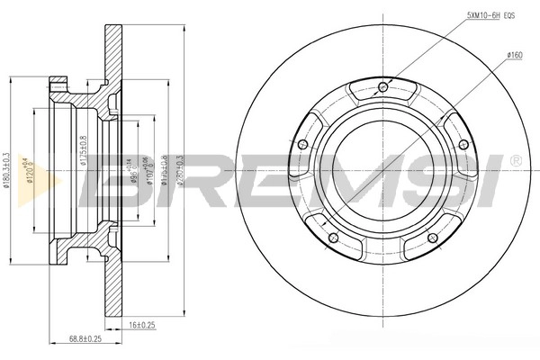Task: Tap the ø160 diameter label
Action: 515,55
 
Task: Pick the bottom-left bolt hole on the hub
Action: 332,238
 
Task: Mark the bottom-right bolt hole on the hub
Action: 432,238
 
